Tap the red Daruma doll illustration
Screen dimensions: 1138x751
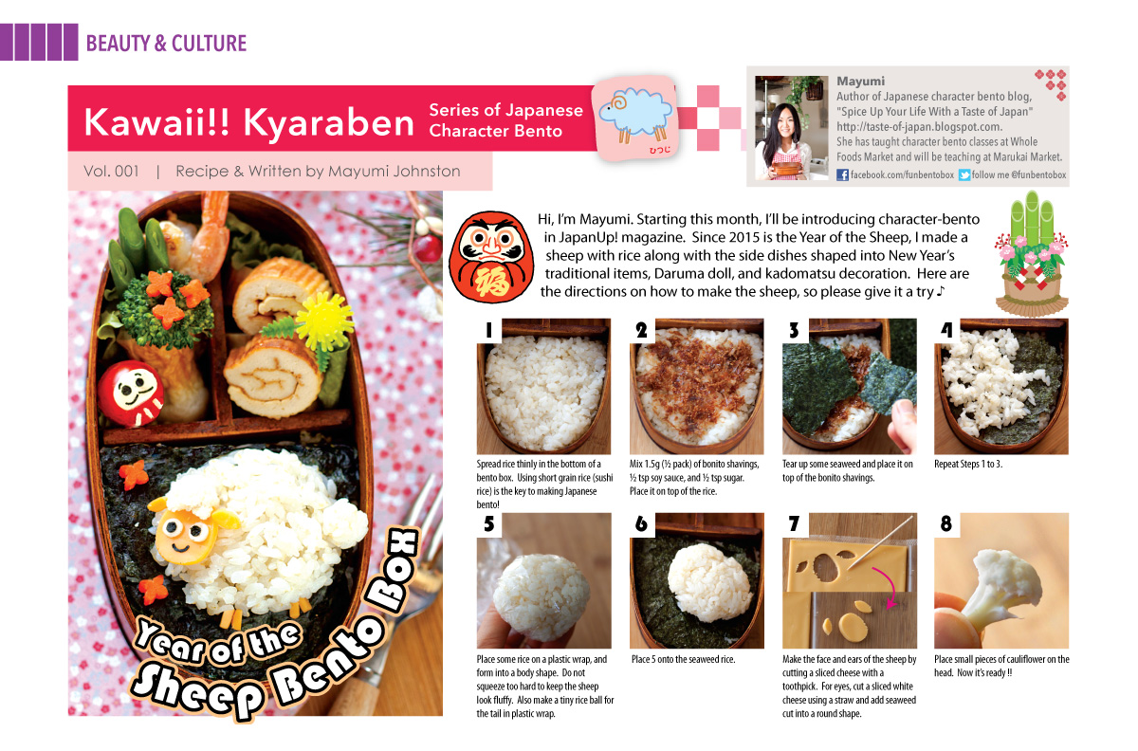(491, 257)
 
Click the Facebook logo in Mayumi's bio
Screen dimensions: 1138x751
(842, 174)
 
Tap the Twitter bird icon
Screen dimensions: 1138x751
(964, 174)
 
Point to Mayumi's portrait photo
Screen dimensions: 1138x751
(792, 128)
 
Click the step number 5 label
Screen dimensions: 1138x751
(488, 523)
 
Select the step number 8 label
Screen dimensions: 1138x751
(946, 523)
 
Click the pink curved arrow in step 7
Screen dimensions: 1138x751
(887, 587)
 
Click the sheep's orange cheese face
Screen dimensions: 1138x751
(187, 535)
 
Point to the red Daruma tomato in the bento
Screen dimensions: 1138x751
(131, 394)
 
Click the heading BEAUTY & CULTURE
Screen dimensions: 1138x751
(166, 44)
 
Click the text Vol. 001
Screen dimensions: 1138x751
(111, 172)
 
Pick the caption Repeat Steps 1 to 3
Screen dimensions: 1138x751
(968, 464)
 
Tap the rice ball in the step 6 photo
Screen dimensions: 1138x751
(708, 583)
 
